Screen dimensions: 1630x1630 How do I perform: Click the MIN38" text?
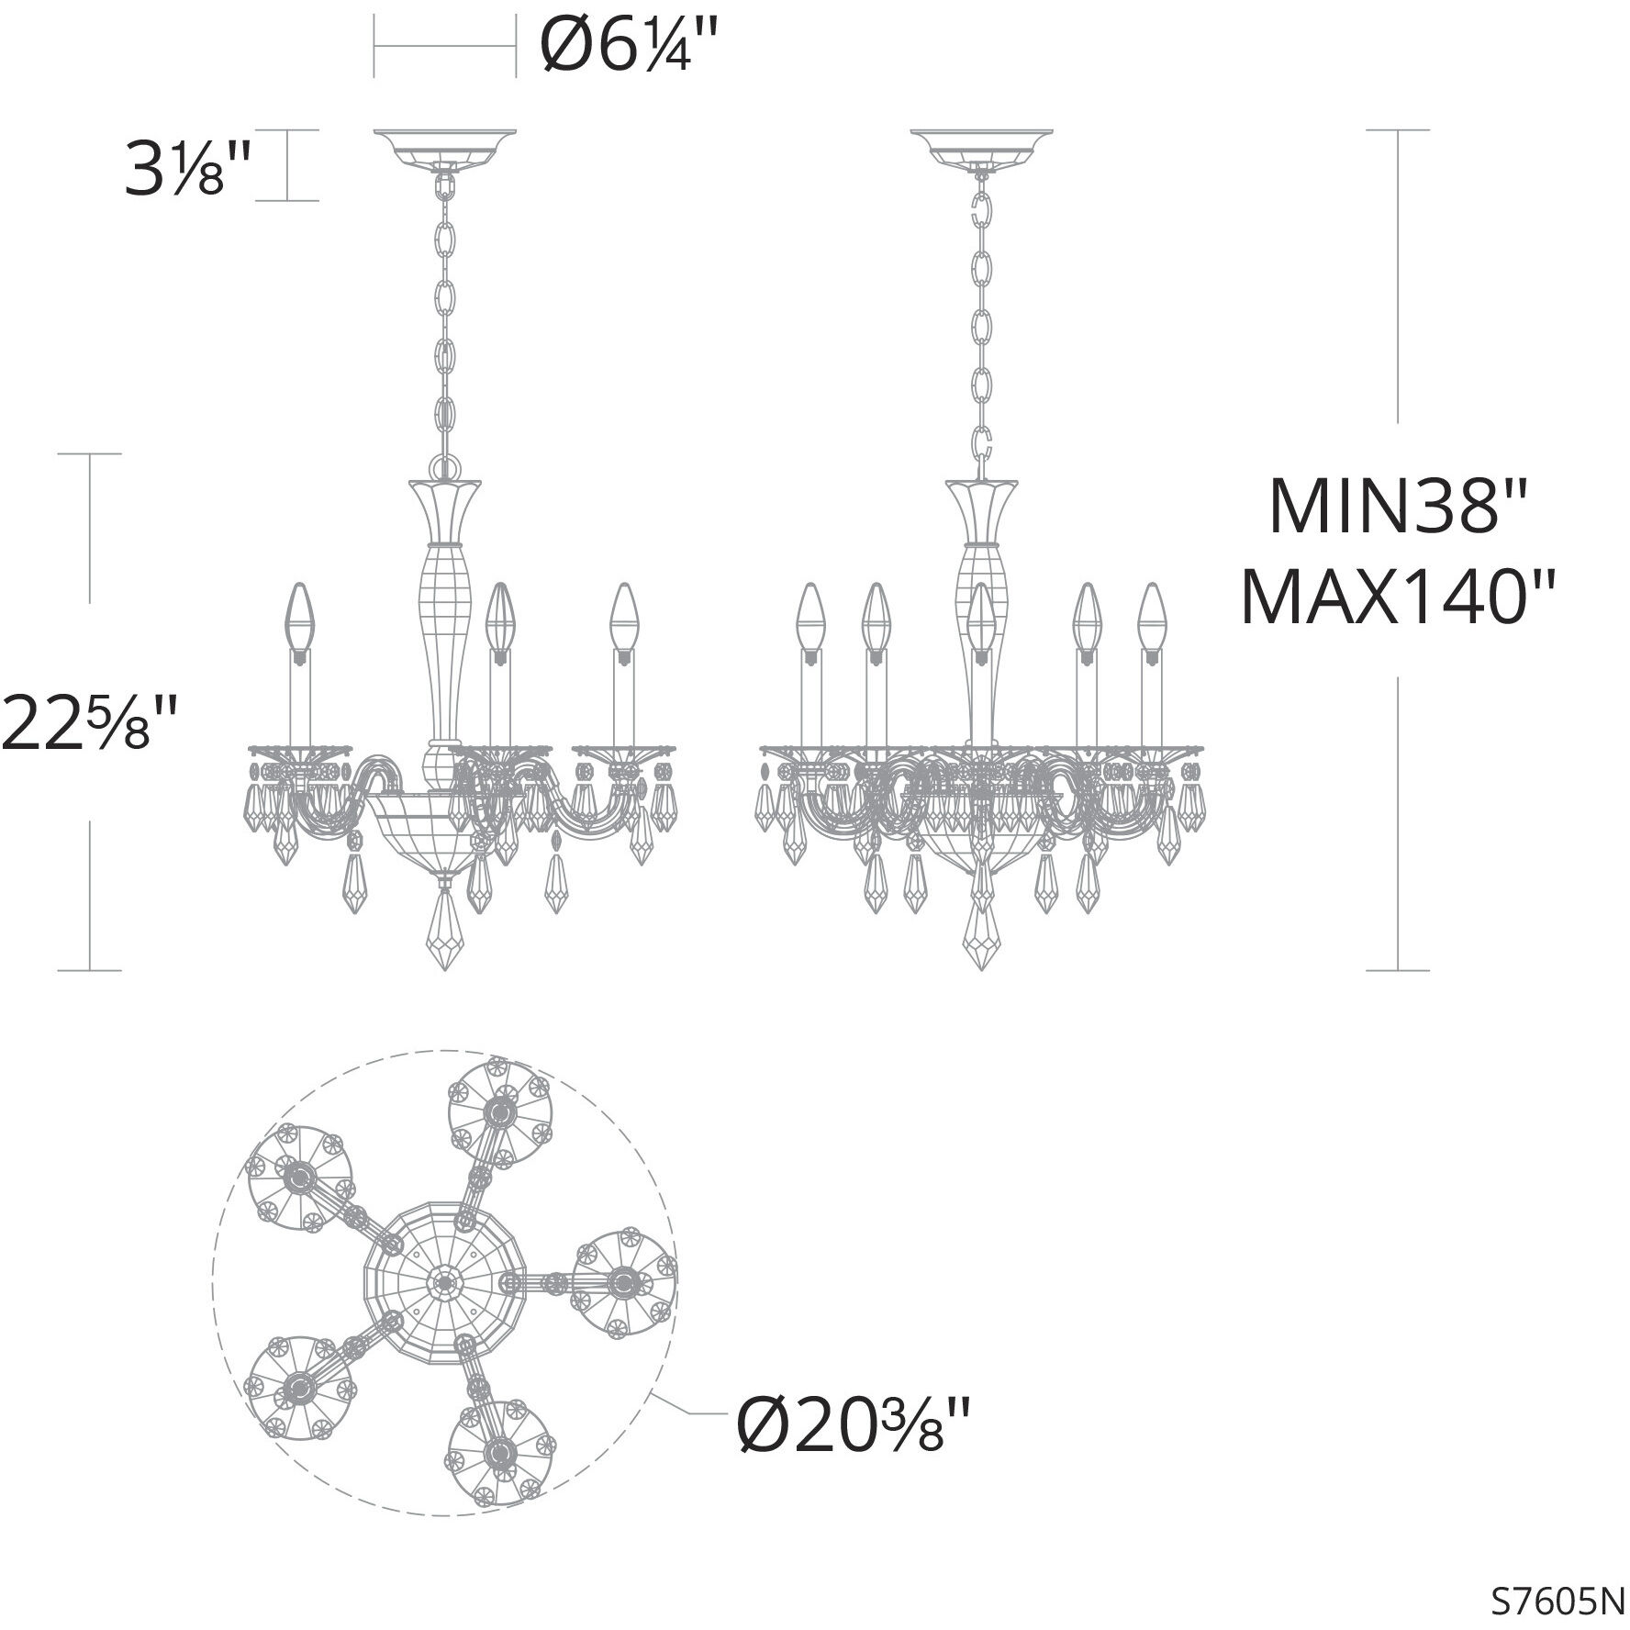point(1397,508)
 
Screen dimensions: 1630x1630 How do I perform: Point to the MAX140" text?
point(1399,597)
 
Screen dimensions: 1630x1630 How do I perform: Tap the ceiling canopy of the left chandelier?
point(445,146)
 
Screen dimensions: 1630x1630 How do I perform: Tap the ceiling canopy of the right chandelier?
point(981,146)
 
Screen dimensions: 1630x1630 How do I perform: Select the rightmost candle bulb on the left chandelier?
point(626,616)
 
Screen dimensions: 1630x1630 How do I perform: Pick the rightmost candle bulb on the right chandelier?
point(1150,616)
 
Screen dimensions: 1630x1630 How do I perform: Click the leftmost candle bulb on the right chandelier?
point(810,616)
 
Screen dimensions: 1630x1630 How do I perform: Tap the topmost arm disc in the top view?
point(500,1113)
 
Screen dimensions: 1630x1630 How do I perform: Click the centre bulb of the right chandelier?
point(981,616)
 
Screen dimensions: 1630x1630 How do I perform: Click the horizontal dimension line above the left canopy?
point(445,46)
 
